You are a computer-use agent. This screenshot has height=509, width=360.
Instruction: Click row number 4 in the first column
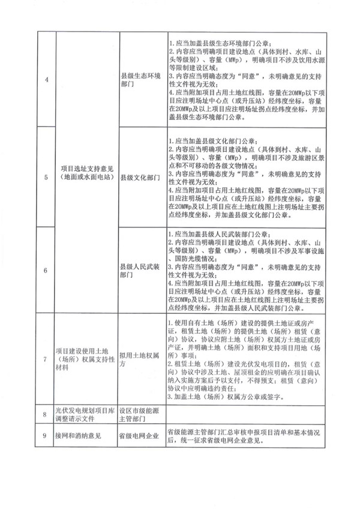pos(43,80)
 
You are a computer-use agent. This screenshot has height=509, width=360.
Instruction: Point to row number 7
pos(43,359)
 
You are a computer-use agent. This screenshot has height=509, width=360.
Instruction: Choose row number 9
pos(43,436)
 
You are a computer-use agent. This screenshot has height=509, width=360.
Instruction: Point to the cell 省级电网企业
pos(140,436)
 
